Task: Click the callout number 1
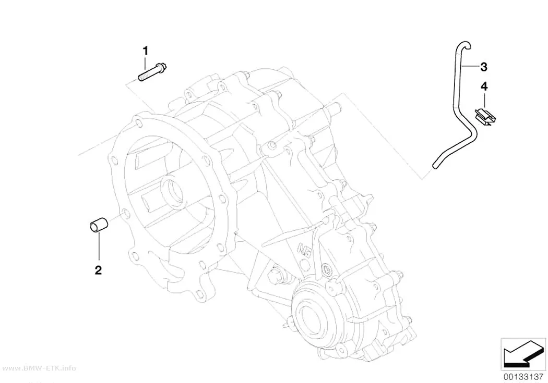(x=146, y=51)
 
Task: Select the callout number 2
(x=98, y=269)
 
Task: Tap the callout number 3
(x=484, y=67)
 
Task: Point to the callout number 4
(x=484, y=86)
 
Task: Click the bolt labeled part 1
(x=152, y=72)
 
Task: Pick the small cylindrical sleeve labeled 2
(x=98, y=225)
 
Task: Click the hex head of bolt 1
(x=161, y=67)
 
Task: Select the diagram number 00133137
(x=523, y=377)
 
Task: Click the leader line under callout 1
(x=146, y=63)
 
